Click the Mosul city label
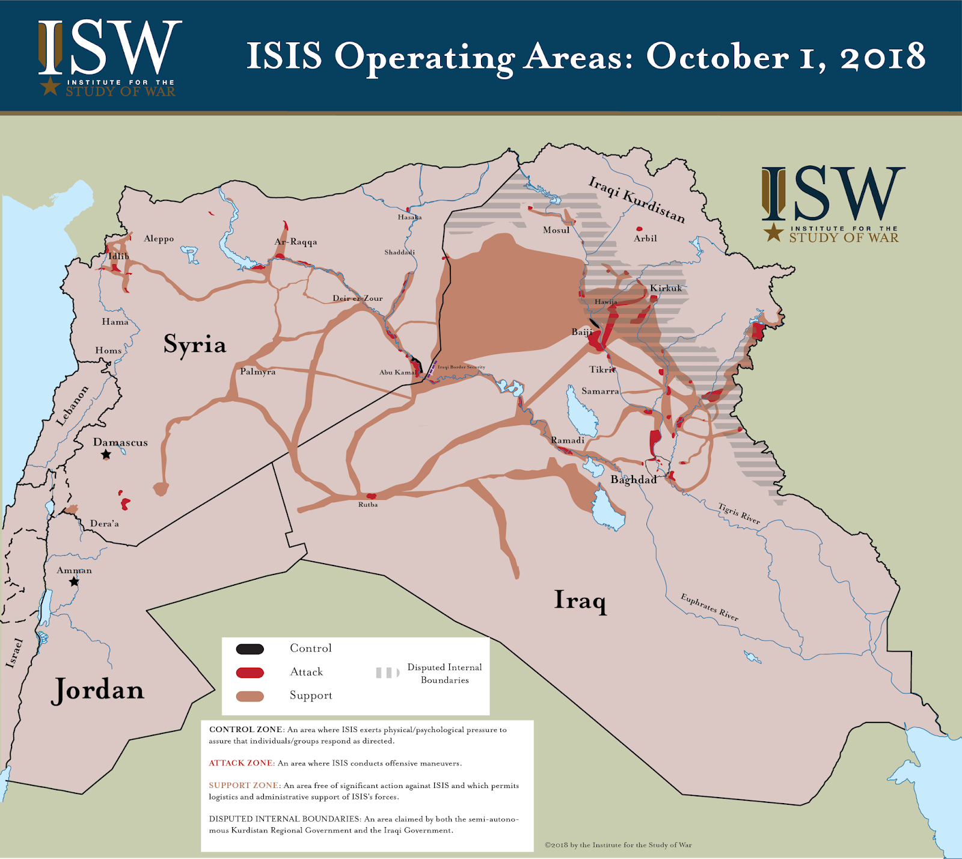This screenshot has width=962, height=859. pos(556,230)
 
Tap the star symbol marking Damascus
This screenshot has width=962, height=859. pos(106,455)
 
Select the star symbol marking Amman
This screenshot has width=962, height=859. pos(74,582)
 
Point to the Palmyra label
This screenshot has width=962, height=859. pos(257,372)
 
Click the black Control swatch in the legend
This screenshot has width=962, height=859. pos(250,649)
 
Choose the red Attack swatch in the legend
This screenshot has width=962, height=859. pos(250,673)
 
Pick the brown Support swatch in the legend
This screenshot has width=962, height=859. pos(250,696)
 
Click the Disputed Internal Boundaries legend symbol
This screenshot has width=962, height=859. pos(388,673)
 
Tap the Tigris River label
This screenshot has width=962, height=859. pos(739,513)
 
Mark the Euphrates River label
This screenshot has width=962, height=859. pos(709,607)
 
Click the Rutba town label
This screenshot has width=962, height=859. pos(368,505)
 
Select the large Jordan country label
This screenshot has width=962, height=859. pos(98,690)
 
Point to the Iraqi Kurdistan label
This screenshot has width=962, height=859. pos(636,199)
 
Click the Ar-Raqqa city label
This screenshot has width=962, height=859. pos(296,242)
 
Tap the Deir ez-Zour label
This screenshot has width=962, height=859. pos(358,298)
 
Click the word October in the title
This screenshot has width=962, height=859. pos(717,57)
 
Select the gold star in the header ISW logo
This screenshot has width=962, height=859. pos(51,86)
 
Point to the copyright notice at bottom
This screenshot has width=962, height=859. pos(618,845)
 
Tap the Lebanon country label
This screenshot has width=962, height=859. pos(72,406)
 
